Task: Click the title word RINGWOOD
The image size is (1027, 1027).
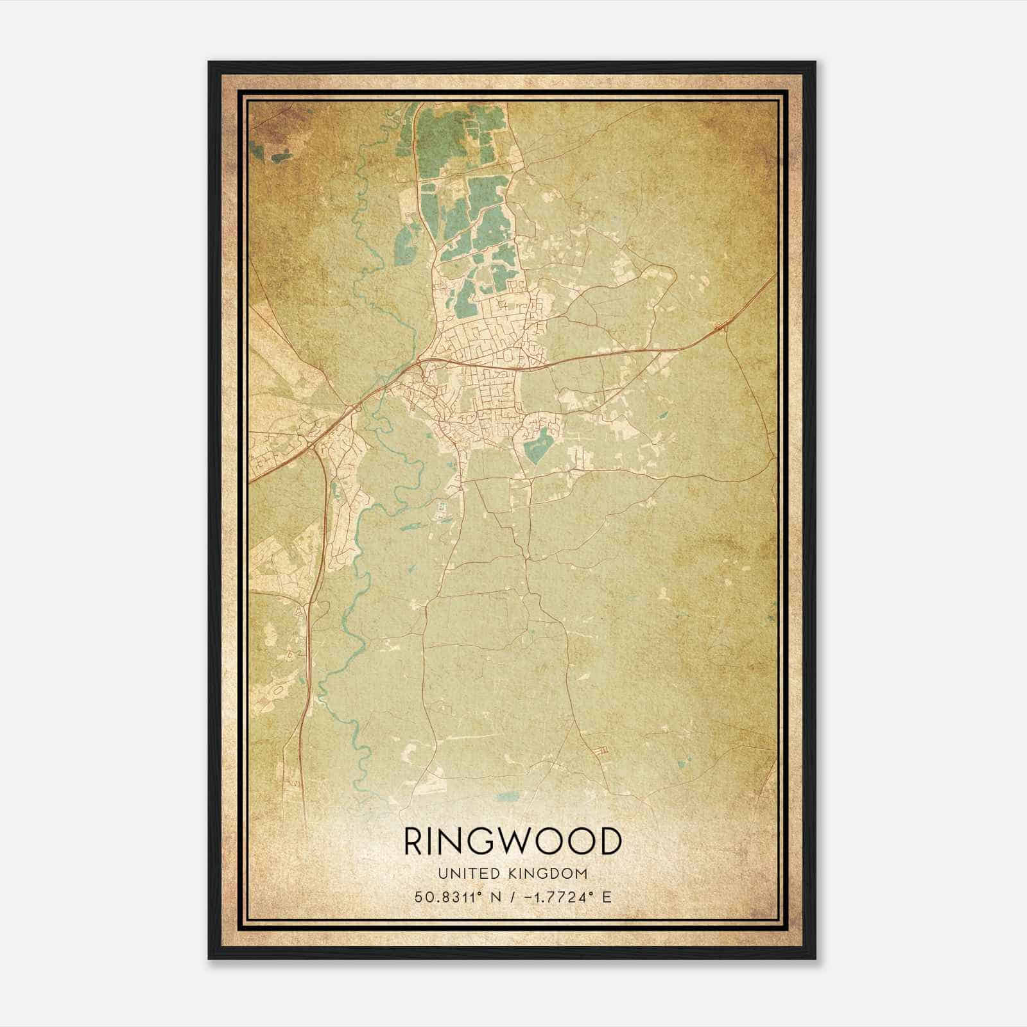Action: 513,841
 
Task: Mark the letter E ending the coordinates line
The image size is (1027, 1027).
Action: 607,897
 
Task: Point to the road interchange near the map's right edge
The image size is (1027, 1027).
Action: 721,327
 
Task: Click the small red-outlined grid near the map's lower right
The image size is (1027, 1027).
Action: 602,750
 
